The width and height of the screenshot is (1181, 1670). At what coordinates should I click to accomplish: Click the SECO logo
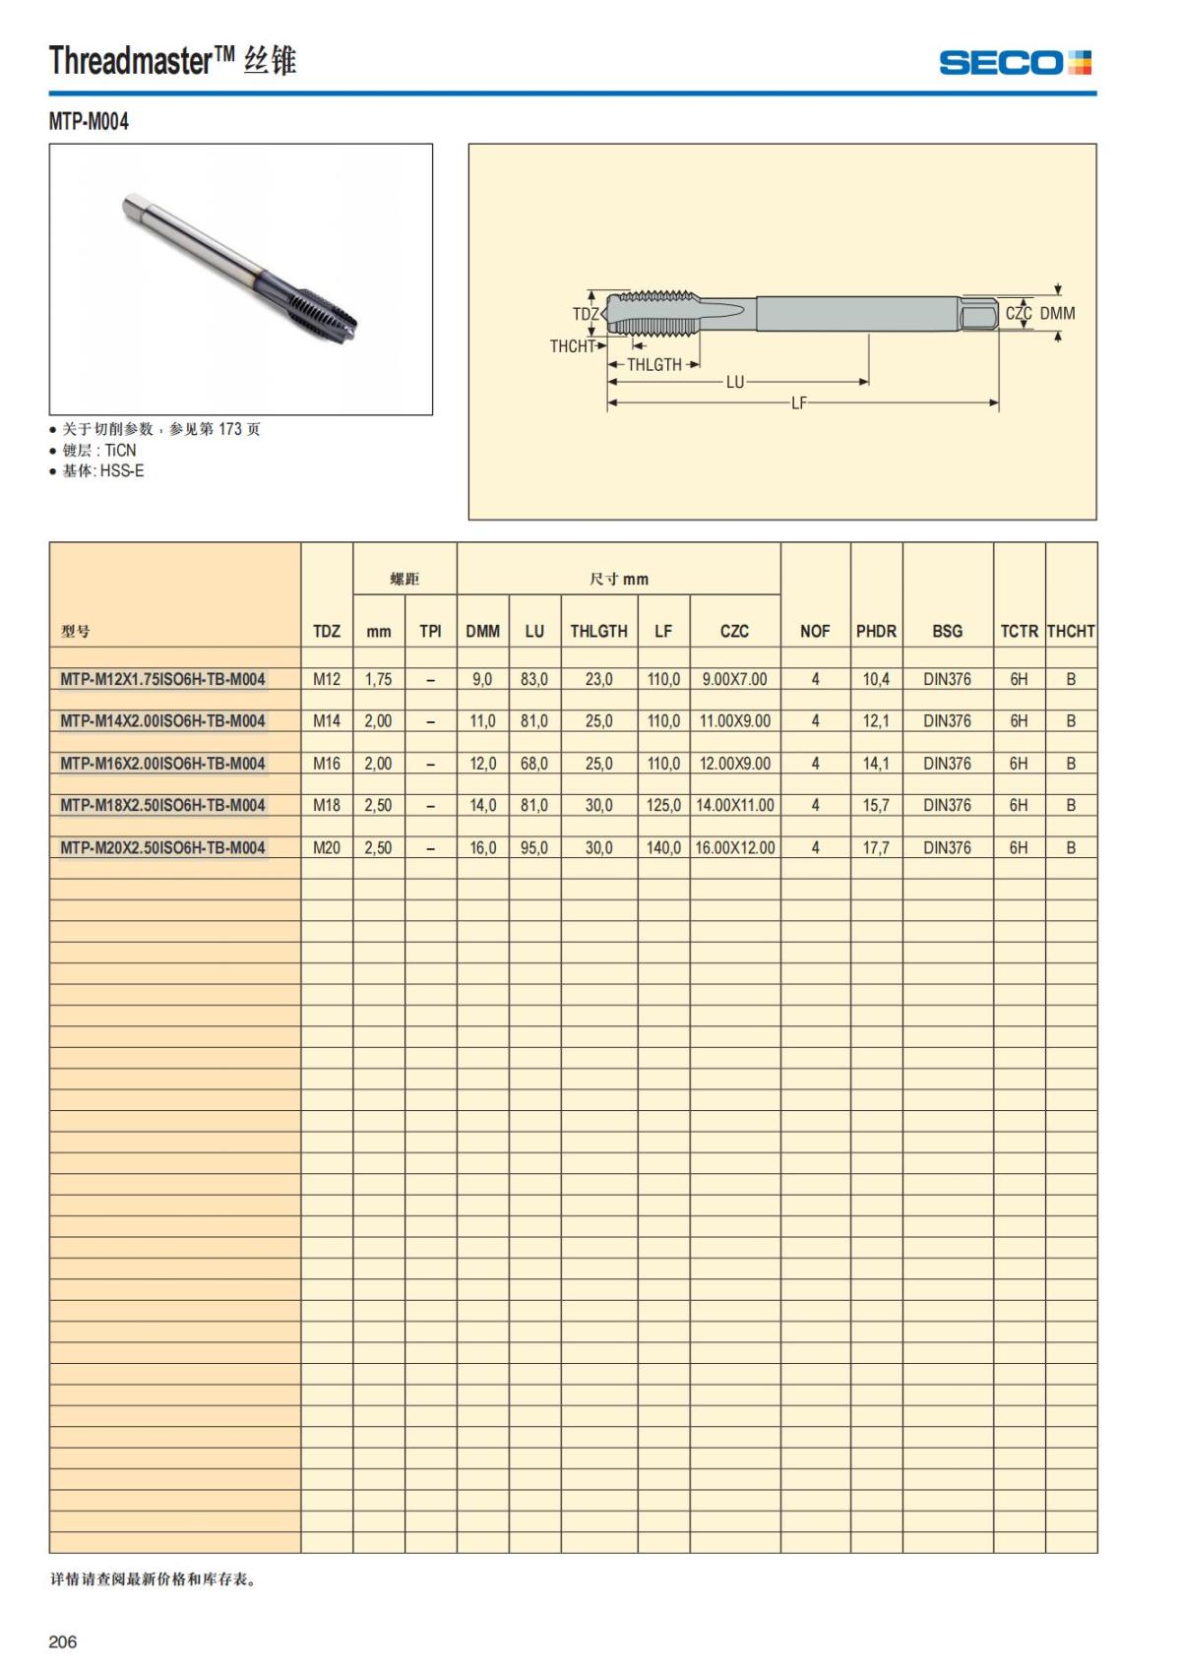pyautogui.click(x=1015, y=63)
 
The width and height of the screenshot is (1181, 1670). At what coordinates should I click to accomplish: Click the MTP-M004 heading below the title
pyautogui.click(x=89, y=122)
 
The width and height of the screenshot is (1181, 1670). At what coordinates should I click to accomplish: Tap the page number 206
pyautogui.click(x=62, y=1641)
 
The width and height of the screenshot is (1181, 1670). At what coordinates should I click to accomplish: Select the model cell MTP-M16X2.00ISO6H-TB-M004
pyautogui.click(x=162, y=764)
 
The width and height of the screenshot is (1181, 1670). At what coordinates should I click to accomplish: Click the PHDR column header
pyautogui.click(x=876, y=632)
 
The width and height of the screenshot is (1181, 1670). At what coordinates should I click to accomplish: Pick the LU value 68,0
pyautogui.click(x=534, y=764)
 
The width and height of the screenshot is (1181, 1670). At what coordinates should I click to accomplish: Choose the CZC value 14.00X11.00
pyautogui.click(x=735, y=806)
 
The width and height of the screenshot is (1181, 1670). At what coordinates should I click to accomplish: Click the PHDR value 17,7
pyautogui.click(x=876, y=848)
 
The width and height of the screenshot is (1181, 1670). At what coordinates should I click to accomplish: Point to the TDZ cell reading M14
pyautogui.click(x=327, y=721)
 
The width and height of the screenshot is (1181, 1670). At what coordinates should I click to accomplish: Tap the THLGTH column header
pyautogui.click(x=598, y=632)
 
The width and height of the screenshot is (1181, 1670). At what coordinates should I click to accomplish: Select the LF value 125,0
pyautogui.click(x=663, y=806)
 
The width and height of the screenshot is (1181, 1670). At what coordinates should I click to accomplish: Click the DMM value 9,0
pyautogui.click(x=482, y=679)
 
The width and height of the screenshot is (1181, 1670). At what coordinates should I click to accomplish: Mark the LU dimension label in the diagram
pyautogui.click(x=735, y=382)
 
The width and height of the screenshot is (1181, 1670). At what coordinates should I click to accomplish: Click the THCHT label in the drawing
pyautogui.click(x=572, y=346)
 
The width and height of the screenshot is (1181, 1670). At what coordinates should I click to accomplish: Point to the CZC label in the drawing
pyautogui.click(x=1018, y=313)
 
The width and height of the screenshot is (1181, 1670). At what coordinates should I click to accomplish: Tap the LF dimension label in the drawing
pyautogui.click(x=798, y=402)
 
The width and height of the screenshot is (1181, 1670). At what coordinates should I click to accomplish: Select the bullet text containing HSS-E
pyautogui.click(x=103, y=471)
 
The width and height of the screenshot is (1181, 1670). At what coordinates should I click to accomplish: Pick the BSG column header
pyautogui.click(x=947, y=632)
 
